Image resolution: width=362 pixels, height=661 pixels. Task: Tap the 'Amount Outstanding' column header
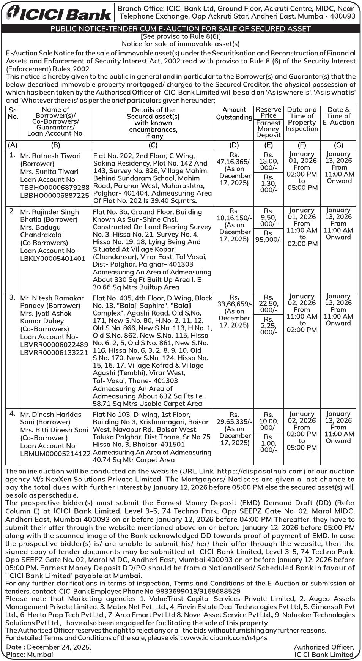234,114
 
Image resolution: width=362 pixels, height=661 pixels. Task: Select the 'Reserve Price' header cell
268,112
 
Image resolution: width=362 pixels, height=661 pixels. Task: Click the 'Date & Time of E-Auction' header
338,116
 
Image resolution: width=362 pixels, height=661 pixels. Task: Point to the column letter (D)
234,145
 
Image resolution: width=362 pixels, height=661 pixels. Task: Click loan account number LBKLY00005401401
53,259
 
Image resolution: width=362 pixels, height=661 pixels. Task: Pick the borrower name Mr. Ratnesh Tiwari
50,156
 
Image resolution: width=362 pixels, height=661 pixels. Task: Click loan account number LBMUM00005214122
55,453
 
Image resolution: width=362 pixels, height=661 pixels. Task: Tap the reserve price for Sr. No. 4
268,421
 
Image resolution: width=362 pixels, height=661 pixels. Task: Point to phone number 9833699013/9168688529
202,591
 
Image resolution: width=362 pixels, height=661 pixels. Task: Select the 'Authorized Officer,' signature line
324,647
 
